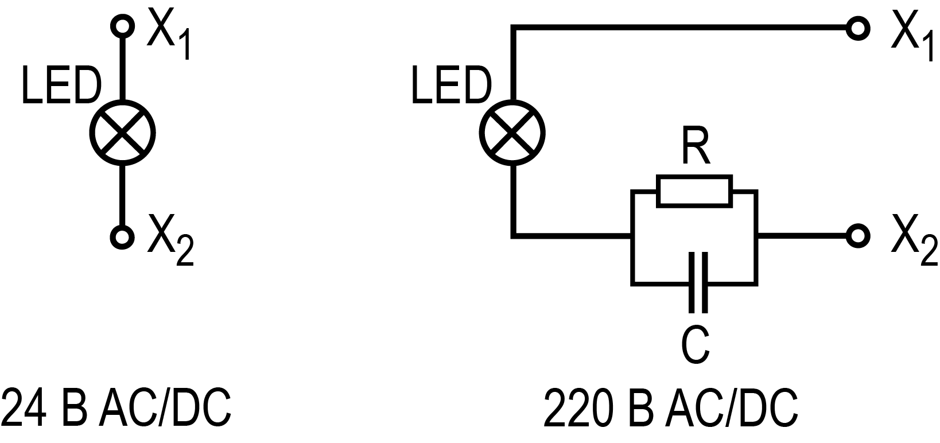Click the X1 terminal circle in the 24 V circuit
(122, 26)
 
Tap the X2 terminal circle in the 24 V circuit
(122, 236)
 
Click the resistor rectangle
(694, 191)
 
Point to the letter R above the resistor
(696, 148)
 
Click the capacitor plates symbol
(697, 282)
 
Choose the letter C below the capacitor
(695, 345)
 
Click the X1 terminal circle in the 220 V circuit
(858, 28)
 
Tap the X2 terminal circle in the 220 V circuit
(858, 235)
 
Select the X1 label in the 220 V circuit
(912, 36)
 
